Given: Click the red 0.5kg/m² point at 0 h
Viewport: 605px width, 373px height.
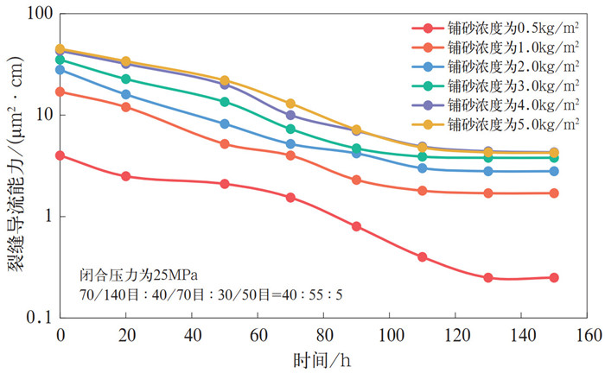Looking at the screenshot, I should [60, 155].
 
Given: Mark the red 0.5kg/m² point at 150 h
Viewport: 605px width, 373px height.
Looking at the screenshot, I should [554, 278].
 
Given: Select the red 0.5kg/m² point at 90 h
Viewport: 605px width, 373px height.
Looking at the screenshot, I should [356, 226].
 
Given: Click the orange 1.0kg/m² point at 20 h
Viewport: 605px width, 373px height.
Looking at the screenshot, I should [126, 107].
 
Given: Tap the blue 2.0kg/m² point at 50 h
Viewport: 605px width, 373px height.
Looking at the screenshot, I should [225, 123].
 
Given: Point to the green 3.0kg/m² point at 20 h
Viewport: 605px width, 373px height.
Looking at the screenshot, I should [126, 79].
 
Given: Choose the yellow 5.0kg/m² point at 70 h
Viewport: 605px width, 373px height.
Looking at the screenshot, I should [290, 104].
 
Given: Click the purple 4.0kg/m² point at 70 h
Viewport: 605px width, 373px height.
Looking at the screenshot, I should [290, 115].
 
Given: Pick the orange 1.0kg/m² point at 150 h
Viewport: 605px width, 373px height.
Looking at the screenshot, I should [554, 193].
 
